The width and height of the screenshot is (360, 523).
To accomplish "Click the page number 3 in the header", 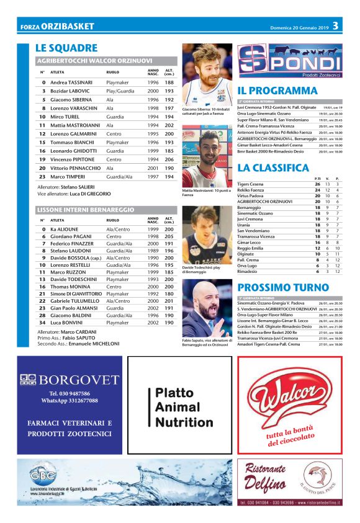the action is (335, 26).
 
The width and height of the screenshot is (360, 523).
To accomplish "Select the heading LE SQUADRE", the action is (66, 48).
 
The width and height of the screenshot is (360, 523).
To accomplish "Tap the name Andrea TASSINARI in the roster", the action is (72, 82).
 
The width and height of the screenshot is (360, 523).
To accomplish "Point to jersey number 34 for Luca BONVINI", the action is (42, 323).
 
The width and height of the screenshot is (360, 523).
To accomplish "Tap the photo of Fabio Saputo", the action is (207, 308).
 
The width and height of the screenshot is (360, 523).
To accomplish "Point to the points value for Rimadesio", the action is (317, 271).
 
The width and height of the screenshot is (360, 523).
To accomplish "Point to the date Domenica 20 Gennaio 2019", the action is (297, 27).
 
